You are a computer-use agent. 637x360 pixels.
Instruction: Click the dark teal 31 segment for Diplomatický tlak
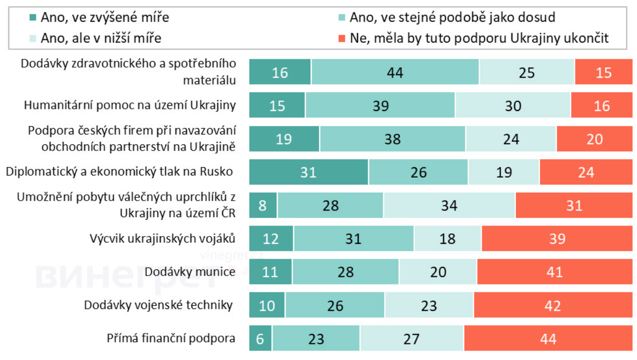[x=308, y=172]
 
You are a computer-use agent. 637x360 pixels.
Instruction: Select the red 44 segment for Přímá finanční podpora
[x=548, y=339]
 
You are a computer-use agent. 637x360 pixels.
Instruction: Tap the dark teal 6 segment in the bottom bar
[x=260, y=339]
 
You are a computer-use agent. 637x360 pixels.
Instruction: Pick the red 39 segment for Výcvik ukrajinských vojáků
[x=557, y=239]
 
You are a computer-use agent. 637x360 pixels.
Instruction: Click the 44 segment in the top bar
[x=395, y=72]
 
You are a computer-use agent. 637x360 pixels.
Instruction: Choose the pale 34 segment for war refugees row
[x=449, y=205]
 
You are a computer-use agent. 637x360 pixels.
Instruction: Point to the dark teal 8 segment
[x=263, y=205]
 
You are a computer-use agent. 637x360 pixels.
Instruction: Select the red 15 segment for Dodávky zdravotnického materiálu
[x=603, y=72]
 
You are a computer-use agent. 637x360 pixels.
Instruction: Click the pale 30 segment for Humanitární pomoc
[x=513, y=105]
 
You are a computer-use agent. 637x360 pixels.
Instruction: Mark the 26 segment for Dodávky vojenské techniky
[x=335, y=305]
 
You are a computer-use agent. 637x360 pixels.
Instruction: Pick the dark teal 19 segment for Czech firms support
[x=284, y=139]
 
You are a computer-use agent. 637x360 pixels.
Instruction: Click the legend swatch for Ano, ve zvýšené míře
[x=33, y=18]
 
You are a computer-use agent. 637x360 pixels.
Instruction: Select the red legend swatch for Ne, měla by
[x=342, y=38]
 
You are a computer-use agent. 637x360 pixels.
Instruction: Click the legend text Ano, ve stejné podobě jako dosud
[x=452, y=18]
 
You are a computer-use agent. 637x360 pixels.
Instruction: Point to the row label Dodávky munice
[x=190, y=272]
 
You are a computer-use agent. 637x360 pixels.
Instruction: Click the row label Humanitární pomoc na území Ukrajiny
[x=130, y=105]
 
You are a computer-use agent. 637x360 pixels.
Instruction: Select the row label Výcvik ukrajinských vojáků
[x=162, y=239]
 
